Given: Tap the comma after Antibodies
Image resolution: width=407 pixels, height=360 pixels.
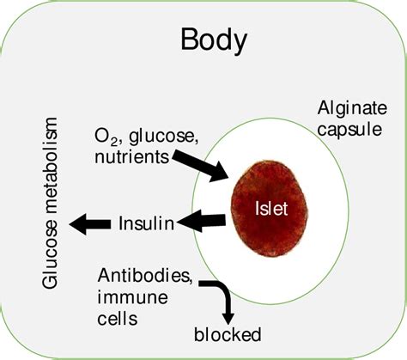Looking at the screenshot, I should point(200,283).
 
